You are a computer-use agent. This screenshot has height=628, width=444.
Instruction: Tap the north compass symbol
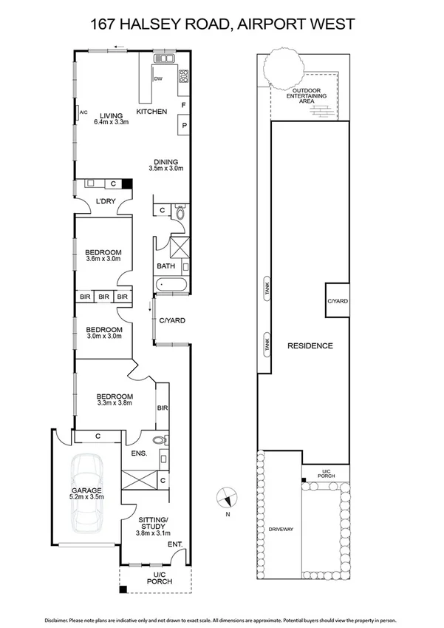pos(228,497)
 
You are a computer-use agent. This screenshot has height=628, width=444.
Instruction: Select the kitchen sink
pos(163,58)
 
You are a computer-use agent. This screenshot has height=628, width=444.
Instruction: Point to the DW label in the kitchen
pos(158,78)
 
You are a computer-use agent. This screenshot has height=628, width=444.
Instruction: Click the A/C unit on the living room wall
pos(79,113)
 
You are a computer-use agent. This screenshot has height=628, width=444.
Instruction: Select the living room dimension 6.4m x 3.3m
pos(111,122)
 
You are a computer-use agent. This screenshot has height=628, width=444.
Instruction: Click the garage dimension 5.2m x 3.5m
pos(86,497)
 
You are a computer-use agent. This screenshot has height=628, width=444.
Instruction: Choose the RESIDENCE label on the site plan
pos(310,345)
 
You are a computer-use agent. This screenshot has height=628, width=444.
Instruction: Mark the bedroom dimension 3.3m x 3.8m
pos(115,403)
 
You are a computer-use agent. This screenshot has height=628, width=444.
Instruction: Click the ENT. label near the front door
pos(176,545)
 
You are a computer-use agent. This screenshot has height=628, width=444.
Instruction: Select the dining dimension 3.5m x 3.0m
pos(166,169)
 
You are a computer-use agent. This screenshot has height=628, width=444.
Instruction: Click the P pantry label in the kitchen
pos(182,126)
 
